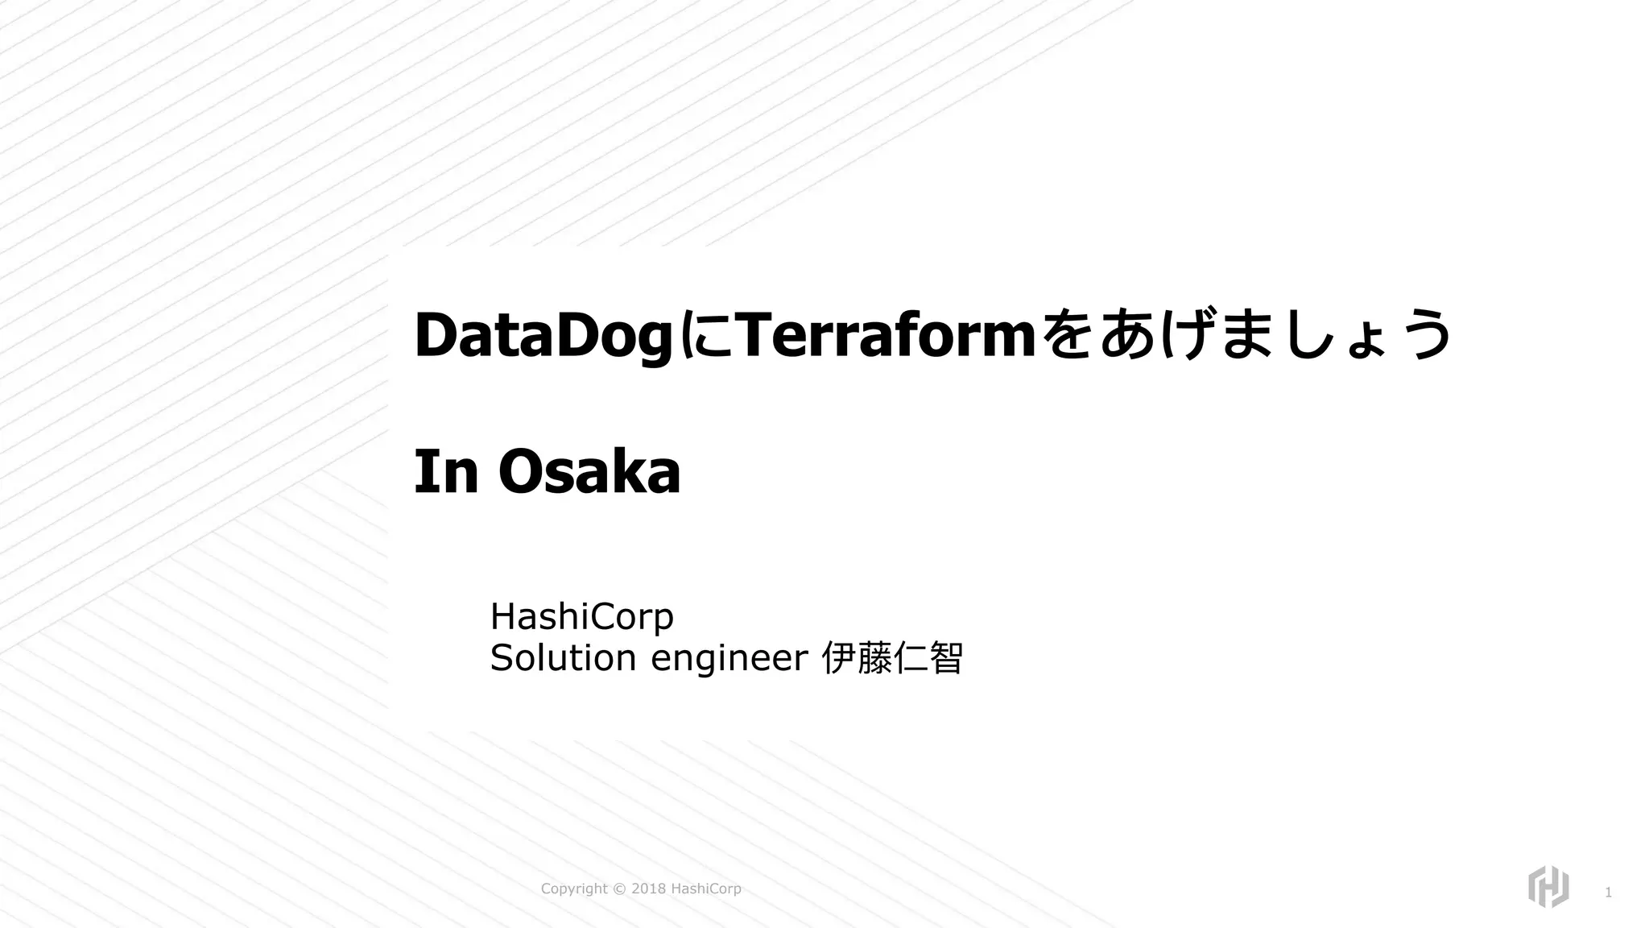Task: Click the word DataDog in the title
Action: (543, 336)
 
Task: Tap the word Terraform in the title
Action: (883, 334)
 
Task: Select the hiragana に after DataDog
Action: (703, 336)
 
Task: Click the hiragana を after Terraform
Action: (1067, 334)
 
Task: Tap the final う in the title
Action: (1424, 334)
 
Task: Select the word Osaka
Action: (589, 472)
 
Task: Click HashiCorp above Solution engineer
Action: (581, 617)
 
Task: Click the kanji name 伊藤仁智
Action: (891, 658)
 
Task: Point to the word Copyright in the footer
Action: (574, 889)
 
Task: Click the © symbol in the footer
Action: (619, 889)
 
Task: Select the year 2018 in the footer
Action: (648, 889)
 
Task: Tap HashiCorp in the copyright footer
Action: (706, 889)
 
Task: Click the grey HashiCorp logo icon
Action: (1548, 887)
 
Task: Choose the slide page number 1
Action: (1608, 893)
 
